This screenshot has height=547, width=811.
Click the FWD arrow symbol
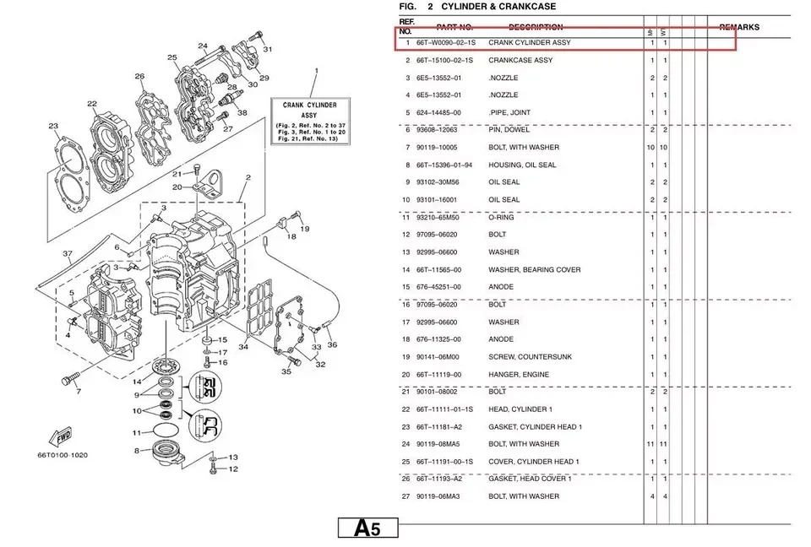63,438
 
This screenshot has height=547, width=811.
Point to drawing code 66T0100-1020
62,456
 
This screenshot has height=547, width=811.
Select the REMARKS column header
738,27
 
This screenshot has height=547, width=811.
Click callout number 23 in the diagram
53,127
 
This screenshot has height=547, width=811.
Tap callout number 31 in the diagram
268,50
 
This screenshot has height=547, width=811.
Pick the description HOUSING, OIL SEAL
522,165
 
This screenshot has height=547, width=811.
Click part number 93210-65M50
438,218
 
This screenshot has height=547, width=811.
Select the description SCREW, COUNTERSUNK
530,357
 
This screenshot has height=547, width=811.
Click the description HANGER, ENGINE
518,375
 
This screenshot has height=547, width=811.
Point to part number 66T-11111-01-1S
444,409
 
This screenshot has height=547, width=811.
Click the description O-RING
501,218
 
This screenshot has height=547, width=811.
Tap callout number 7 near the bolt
78,393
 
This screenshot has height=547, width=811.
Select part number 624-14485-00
438,112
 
